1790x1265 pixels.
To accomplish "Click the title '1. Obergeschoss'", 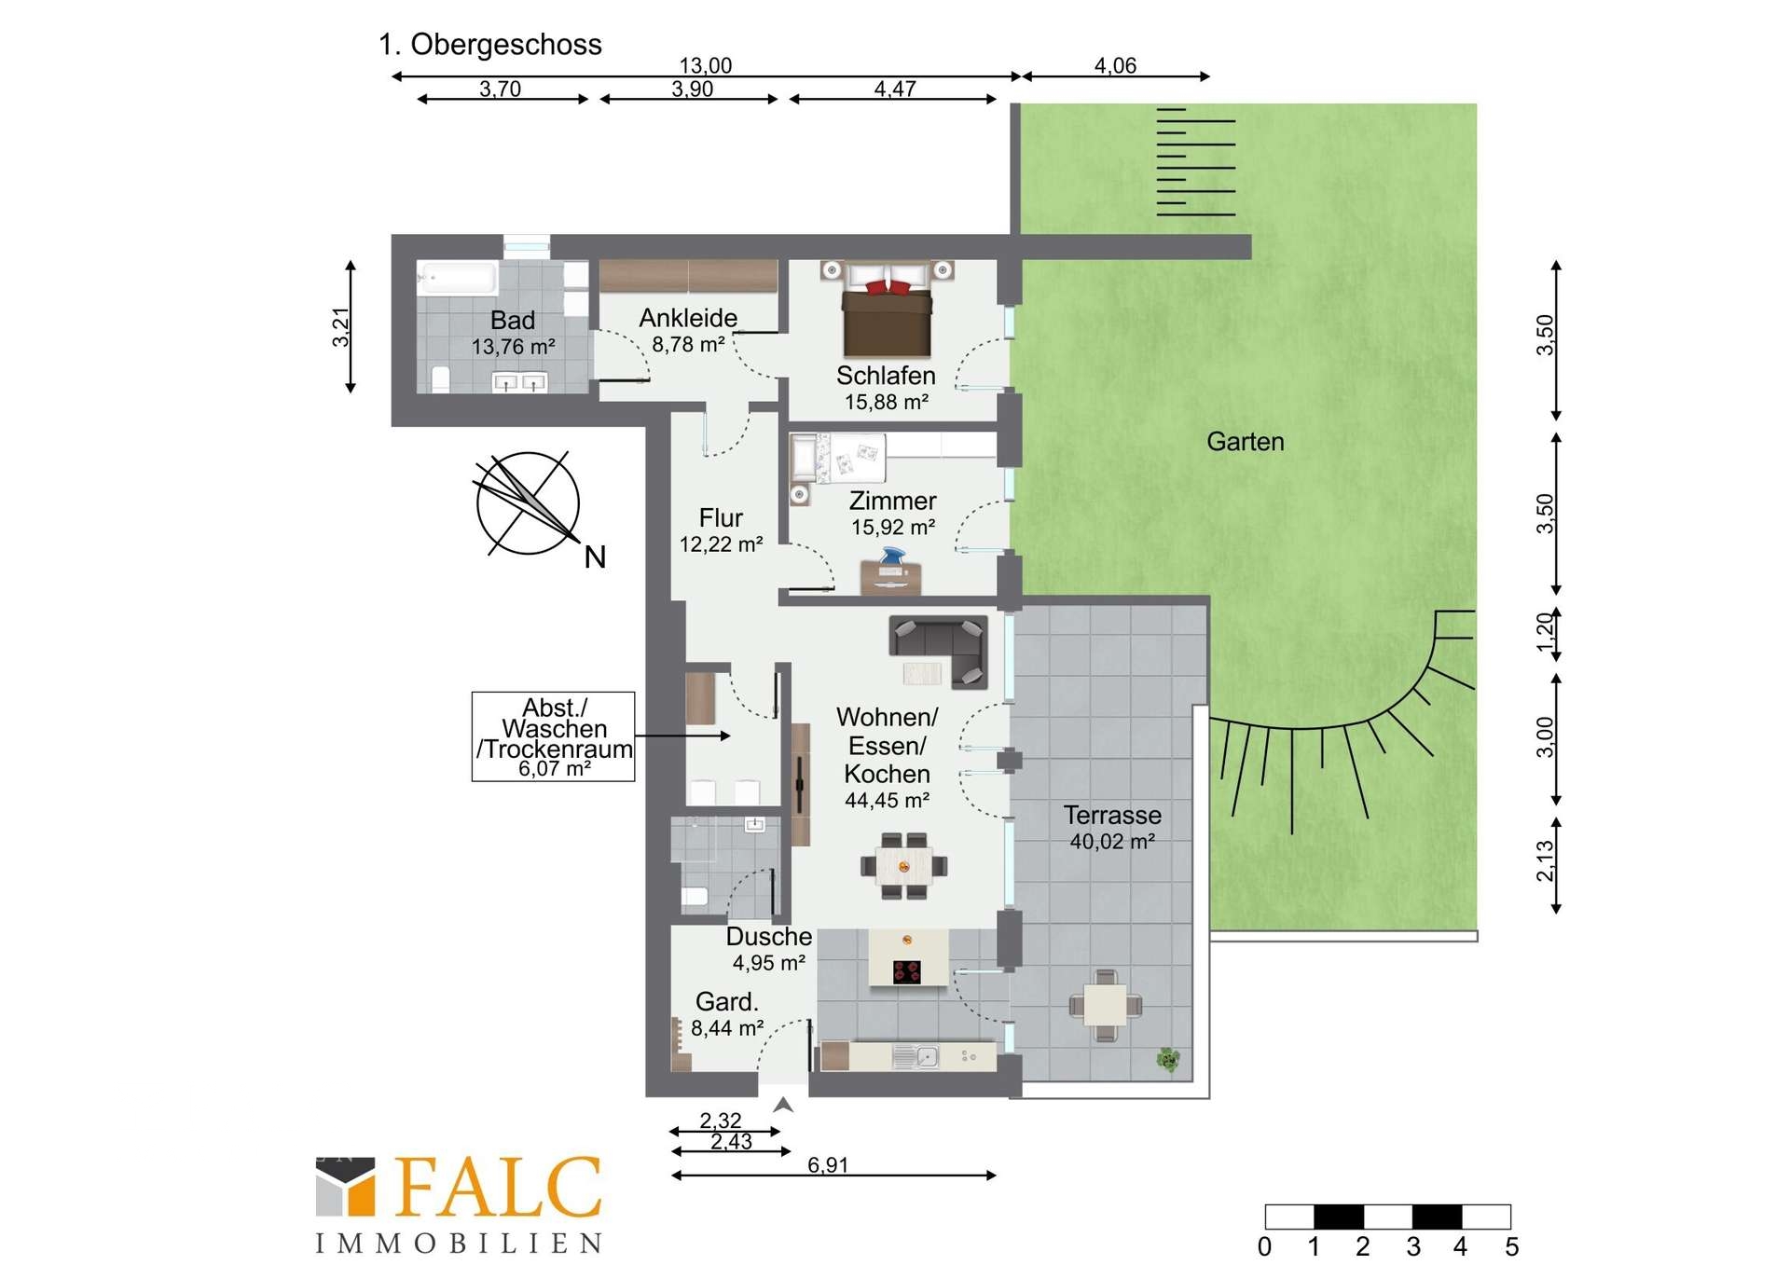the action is coord(490,45).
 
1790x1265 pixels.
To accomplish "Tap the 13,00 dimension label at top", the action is coord(706,65).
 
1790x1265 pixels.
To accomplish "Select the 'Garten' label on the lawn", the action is coord(1246,441).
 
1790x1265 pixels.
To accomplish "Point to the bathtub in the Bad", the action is coord(458,278).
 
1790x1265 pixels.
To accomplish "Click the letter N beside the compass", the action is coord(595,557).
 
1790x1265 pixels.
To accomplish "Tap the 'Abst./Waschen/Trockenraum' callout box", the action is coord(554,736).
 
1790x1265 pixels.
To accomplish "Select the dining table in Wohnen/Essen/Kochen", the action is coord(903,866).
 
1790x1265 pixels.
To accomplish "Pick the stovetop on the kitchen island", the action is coord(907,971).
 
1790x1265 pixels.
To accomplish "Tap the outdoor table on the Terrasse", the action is coord(1106,1005).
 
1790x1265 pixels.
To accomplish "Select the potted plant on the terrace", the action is coord(1168,1059).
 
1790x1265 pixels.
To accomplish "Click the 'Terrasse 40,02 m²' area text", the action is coord(1112,828).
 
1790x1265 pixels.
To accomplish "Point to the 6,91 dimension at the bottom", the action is coord(828,1164).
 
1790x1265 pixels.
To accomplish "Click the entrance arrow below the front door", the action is coord(783,1105).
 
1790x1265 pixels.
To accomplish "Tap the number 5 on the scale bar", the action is coord(1511,1246).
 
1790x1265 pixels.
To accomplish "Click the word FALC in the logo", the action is coord(499,1187).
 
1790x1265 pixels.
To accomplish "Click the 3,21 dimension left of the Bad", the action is coord(341,327).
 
